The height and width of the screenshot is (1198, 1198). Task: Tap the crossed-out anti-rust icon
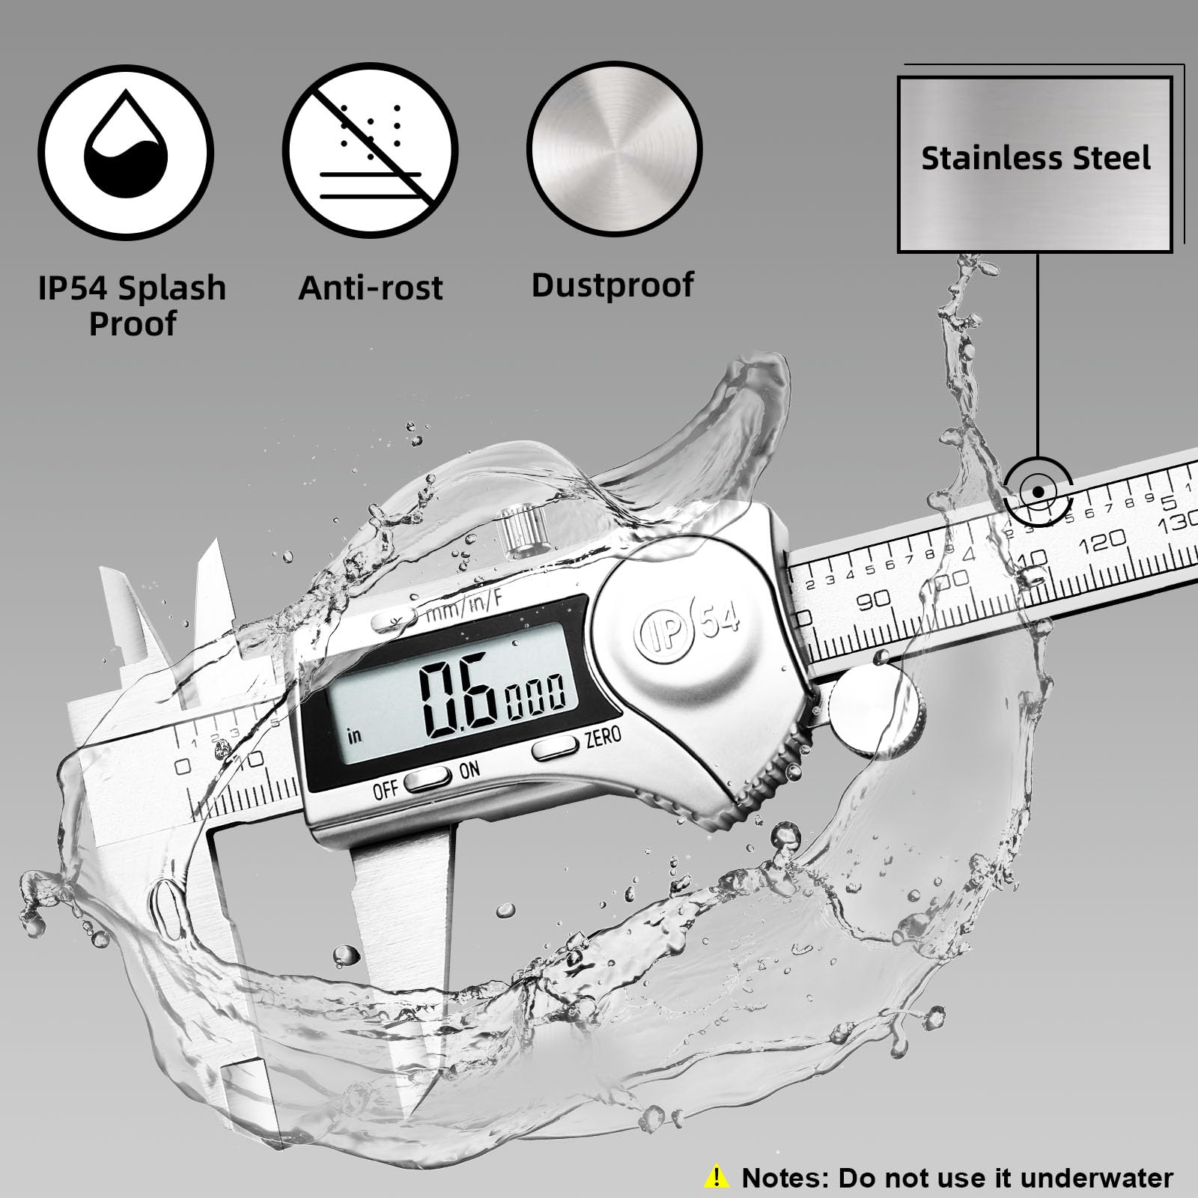coord(370,150)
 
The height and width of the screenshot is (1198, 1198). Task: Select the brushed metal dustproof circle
coord(614,148)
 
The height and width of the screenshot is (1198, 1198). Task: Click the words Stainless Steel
coord(1036,159)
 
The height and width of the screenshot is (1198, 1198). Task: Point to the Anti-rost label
coord(371,288)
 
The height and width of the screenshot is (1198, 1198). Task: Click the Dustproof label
coord(612,285)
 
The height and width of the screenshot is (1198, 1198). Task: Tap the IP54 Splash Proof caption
coord(132,305)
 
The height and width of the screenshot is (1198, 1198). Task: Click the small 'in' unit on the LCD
coord(354,735)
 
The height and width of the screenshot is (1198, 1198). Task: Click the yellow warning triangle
coord(717,1177)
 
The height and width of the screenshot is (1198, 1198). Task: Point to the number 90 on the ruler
coord(873,600)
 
